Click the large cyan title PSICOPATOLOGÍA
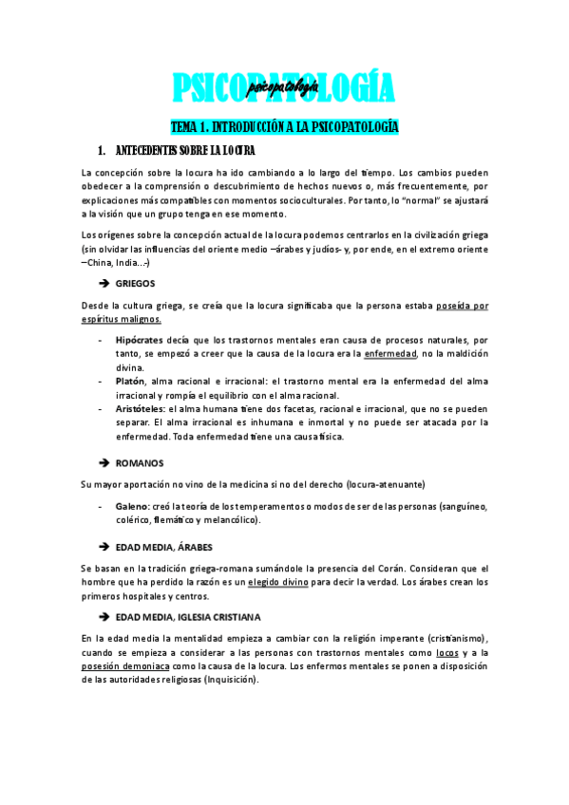[x=283, y=88]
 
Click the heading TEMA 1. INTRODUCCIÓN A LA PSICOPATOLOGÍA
[x=283, y=126]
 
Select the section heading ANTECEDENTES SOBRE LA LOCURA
[x=184, y=151]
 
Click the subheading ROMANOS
[x=140, y=462]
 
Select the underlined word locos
[x=448, y=653]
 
